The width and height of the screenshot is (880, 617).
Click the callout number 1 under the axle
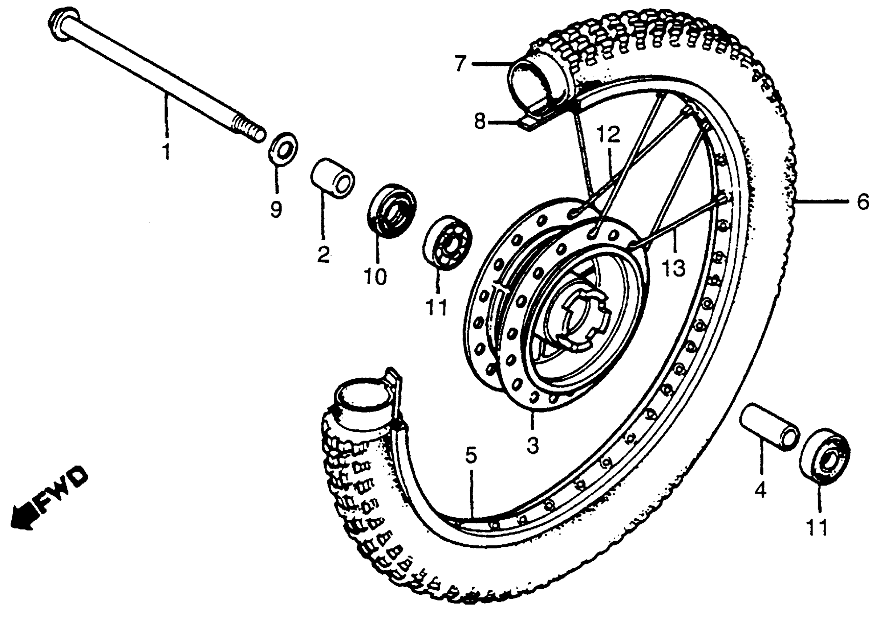coord(166,151)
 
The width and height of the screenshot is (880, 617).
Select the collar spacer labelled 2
coord(332,178)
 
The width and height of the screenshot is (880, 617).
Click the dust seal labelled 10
coord(392,211)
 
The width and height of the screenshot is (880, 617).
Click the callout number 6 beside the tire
coord(862,201)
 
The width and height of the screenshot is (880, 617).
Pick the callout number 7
coord(460,64)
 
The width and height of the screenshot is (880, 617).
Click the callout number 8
coord(479,122)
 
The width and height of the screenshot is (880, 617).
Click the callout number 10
coord(376,276)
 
